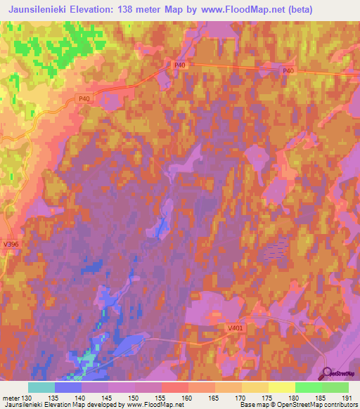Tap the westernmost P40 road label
pos(84,99)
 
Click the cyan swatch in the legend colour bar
pos(41,387)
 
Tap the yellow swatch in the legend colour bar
pos(281,387)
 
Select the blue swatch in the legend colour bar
pos(68,387)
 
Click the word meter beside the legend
pos(11,397)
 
